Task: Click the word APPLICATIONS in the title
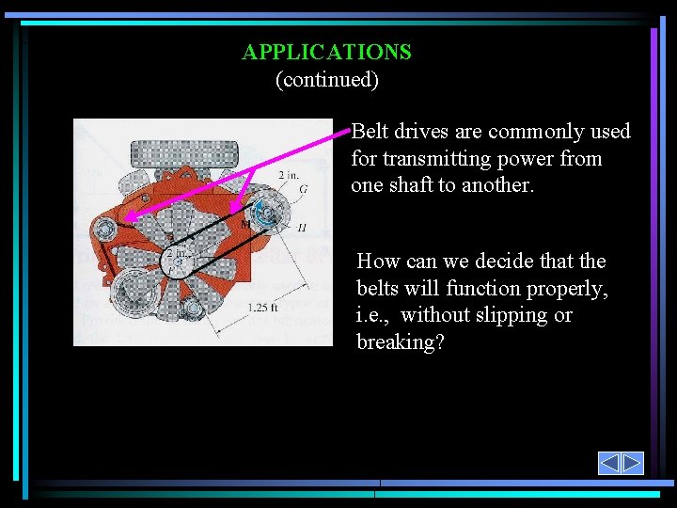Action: click(326, 52)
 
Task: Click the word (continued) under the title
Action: click(326, 79)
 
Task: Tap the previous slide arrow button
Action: click(609, 463)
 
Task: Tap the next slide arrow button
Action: click(632, 463)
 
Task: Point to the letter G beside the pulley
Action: click(303, 190)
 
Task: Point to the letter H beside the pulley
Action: click(301, 228)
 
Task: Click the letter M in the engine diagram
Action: click(245, 224)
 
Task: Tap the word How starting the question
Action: click(378, 262)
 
